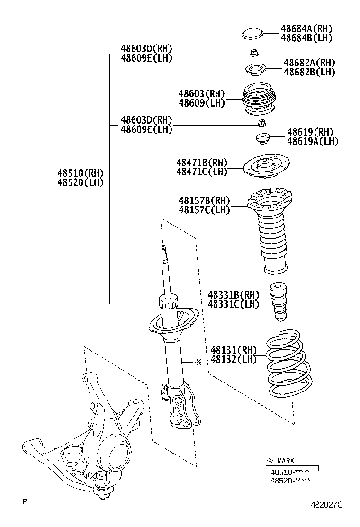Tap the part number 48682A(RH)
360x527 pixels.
pyautogui.click(x=309, y=63)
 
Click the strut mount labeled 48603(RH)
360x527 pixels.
pyautogui.click(x=259, y=100)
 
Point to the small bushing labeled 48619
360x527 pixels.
pyautogui.click(x=262, y=139)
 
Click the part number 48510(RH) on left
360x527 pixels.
pyautogui.click(x=80, y=173)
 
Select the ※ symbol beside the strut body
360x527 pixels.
pyautogui.click(x=197, y=362)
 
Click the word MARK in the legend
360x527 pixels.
pyautogui.click(x=286, y=461)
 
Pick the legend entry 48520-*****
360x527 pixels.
pyautogui.click(x=290, y=480)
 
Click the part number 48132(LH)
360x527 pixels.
pyautogui.click(x=233, y=359)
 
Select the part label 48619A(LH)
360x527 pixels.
pyautogui.click(x=313, y=141)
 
